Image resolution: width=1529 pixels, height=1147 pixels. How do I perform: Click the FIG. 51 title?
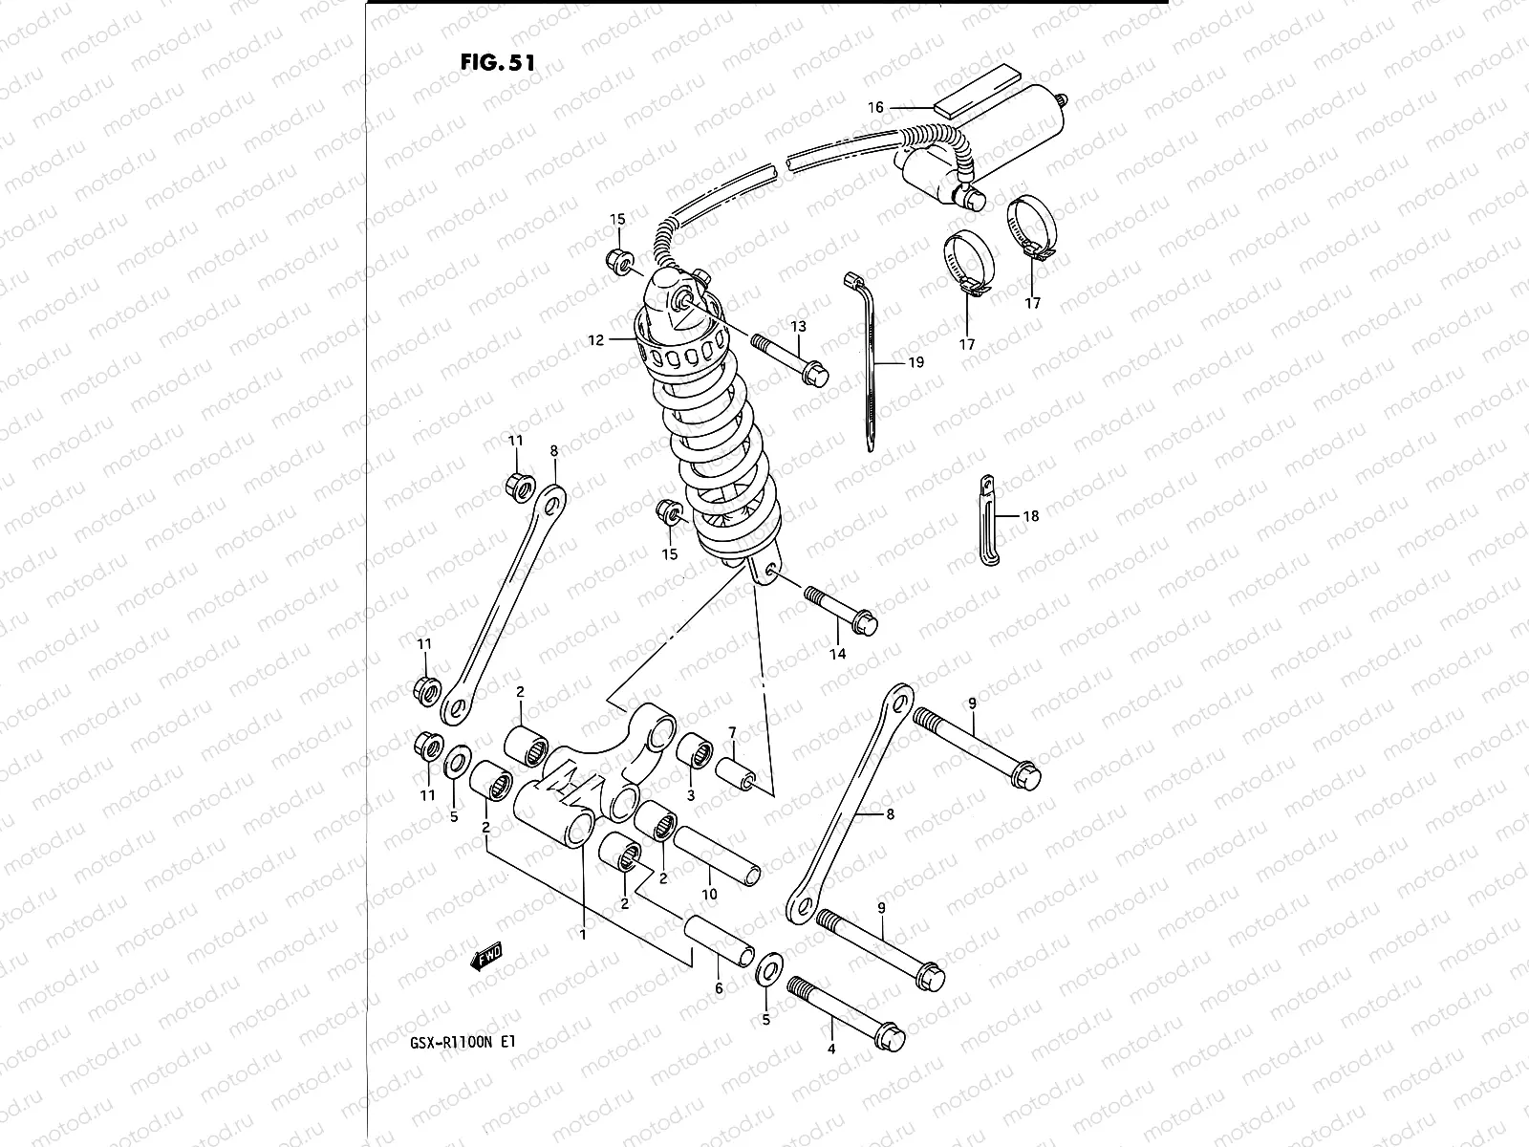tap(497, 62)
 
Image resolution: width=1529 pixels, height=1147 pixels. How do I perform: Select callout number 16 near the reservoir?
tap(876, 107)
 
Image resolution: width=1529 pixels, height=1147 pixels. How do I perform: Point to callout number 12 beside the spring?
tap(596, 339)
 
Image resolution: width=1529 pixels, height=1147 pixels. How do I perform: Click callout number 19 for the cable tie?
tap(915, 363)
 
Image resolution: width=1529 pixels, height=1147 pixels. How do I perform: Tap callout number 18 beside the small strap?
tap(1030, 516)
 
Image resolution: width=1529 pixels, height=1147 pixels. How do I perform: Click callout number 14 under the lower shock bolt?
tap(837, 655)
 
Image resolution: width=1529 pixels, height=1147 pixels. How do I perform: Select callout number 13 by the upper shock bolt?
tap(798, 327)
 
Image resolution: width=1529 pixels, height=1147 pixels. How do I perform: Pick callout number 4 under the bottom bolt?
tap(831, 1049)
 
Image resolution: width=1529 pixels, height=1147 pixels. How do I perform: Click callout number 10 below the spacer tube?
tap(708, 894)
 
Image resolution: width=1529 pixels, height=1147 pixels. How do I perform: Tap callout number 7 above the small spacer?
tap(732, 733)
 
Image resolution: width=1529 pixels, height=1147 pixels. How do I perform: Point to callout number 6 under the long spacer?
tap(720, 989)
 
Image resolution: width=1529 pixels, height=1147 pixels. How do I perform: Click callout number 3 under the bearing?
tap(691, 795)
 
